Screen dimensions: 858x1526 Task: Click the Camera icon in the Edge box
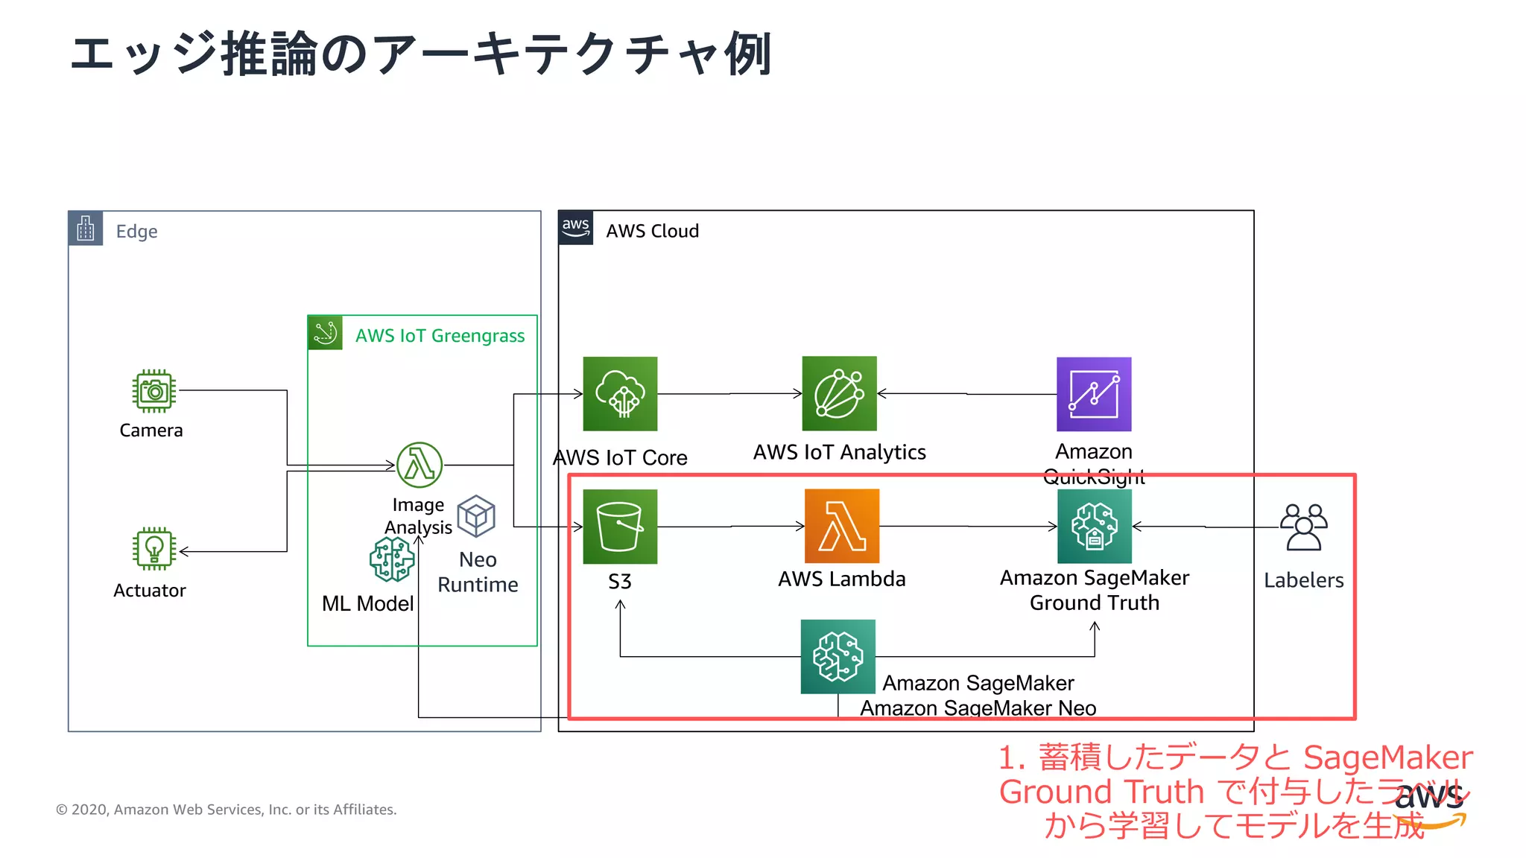point(154,391)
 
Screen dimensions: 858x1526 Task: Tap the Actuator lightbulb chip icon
point(154,549)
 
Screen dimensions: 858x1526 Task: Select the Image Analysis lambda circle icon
point(420,465)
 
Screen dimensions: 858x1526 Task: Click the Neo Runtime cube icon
point(476,515)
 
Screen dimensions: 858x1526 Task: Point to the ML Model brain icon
point(392,559)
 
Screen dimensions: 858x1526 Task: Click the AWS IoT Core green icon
point(620,394)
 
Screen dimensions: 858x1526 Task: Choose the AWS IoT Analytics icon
point(839,394)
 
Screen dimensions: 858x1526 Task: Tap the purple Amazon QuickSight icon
point(1094,394)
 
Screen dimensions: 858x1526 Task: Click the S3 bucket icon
point(620,527)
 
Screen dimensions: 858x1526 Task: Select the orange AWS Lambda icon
point(842,526)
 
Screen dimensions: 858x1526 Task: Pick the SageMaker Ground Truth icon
point(1094,526)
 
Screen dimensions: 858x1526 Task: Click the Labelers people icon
point(1303,527)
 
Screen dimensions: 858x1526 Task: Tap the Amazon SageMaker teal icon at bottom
point(838,657)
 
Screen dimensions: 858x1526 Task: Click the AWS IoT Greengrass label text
point(440,336)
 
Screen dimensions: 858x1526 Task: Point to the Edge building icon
point(86,229)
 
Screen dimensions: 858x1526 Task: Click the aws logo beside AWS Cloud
point(576,228)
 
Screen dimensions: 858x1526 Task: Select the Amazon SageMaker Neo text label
point(978,708)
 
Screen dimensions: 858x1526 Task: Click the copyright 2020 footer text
point(227,810)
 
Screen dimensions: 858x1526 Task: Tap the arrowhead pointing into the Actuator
point(183,552)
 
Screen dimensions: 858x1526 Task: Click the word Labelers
point(1303,580)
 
